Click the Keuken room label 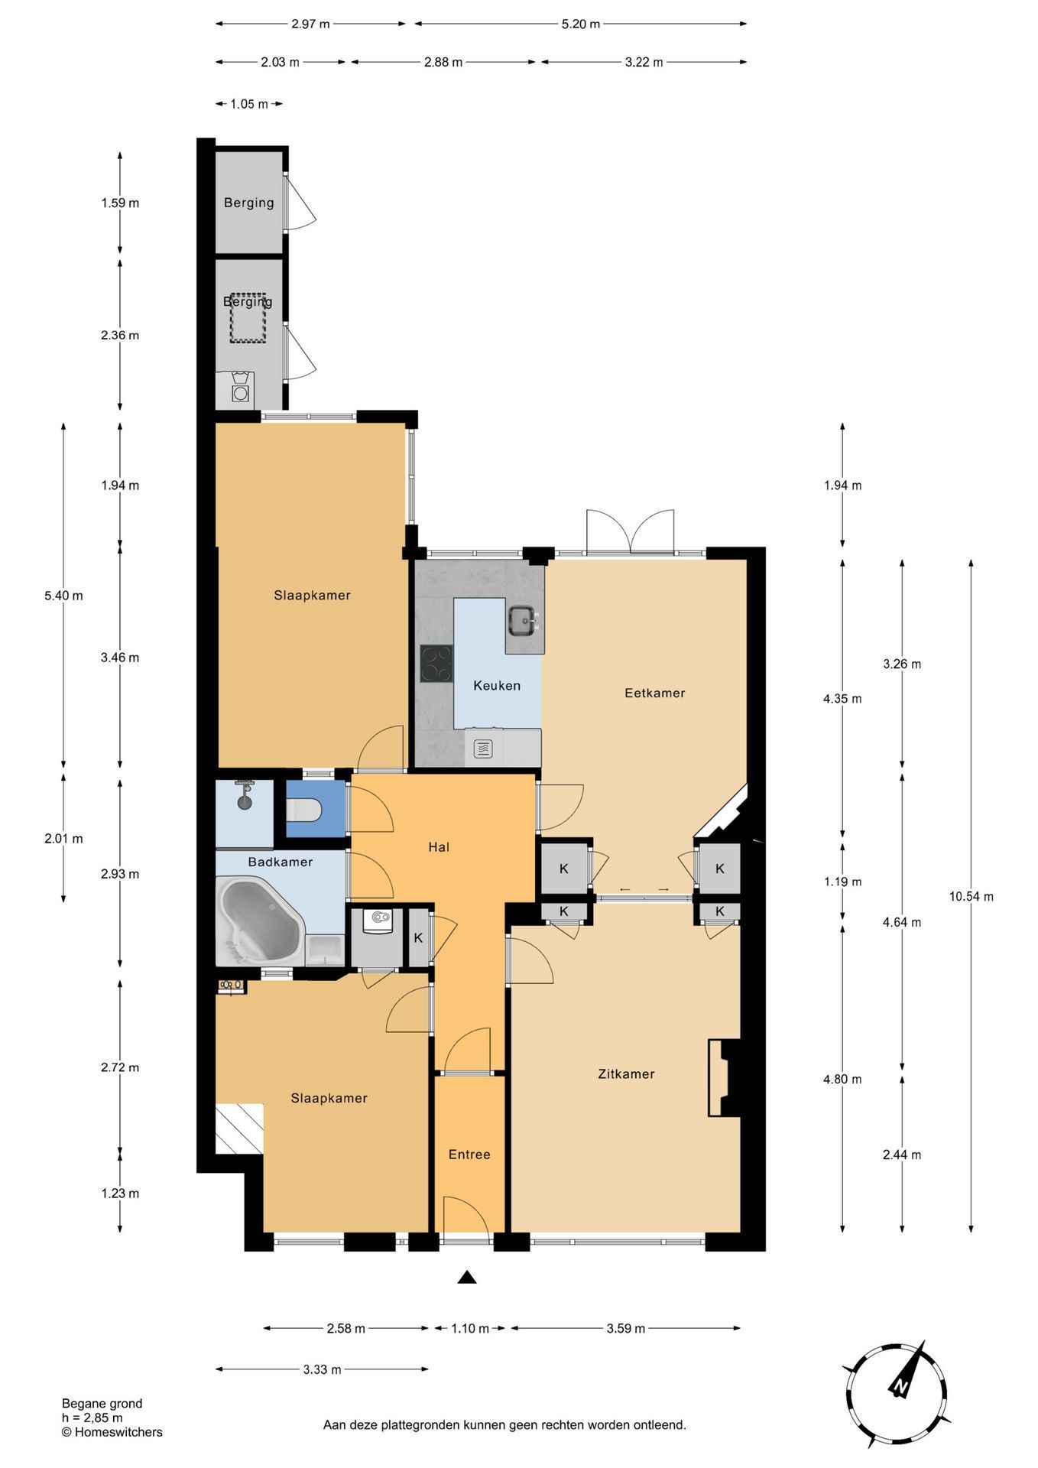[x=497, y=686]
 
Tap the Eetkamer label [x=655, y=693]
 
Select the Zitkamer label [x=626, y=1074]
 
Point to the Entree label [x=469, y=1155]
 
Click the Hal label [x=439, y=847]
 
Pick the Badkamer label [x=281, y=862]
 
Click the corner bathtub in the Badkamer [x=261, y=922]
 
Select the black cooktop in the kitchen [x=436, y=664]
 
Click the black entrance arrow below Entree [x=467, y=1277]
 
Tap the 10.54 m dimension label [x=972, y=897]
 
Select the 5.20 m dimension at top [x=581, y=24]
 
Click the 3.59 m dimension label [x=626, y=1328]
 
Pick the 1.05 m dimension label [x=249, y=104]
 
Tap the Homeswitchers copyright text [x=112, y=1432]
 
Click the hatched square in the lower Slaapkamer [x=239, y=1129]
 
